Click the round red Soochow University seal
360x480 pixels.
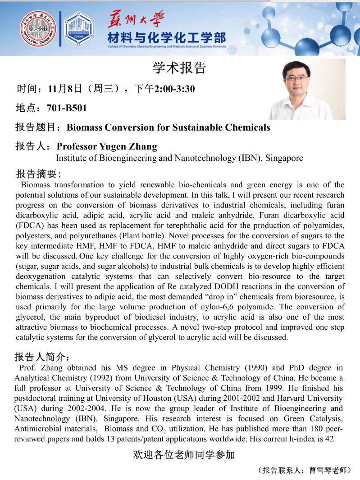[x=38, y=28]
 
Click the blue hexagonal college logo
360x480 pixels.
[x=78, y=28]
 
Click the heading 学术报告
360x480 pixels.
[x=179, y=68]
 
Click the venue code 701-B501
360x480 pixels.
[x=67, y=108]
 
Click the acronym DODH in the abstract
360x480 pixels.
[x=207, y=286]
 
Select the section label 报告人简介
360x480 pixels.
[x=41, y=358]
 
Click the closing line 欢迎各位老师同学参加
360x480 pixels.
[x=184, y=455]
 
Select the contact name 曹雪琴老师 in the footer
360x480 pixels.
[x=329, y=471]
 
